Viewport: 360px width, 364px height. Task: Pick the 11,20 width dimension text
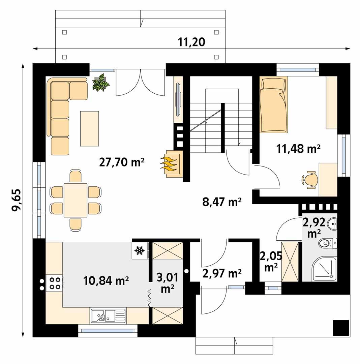point(191,42)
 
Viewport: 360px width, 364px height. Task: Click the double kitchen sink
point(108,315)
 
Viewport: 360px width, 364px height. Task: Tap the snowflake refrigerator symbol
point(140,250)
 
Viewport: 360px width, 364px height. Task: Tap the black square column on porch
point(340,328)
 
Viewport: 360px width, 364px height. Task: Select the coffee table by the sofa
point(89,128)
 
